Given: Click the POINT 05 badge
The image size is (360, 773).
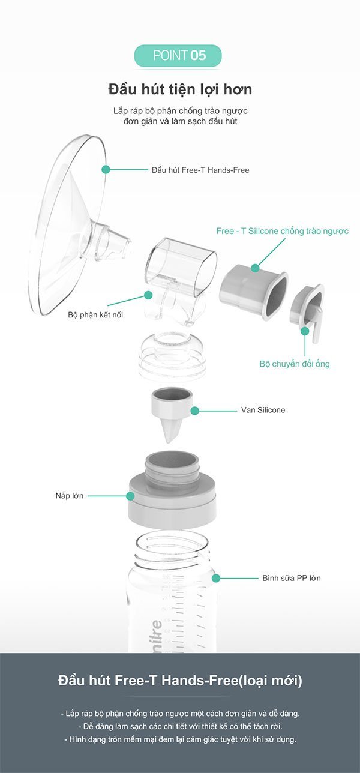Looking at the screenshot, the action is pyautogui.click(x=178, y=55).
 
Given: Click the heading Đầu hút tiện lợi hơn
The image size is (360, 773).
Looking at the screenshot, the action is pyautogui.click(x=180, y=89).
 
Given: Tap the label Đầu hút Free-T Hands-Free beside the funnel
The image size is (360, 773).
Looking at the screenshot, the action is pyautogui.click(x=200, y=170).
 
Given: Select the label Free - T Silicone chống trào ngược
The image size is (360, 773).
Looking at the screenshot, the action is pyautogui.click(x=283, y=231).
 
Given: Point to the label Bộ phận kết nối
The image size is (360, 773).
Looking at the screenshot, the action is pyautogui.click(x=95, y=314).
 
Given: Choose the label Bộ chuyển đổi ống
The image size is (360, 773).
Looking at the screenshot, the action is pyautogui.click(x=295, y=364).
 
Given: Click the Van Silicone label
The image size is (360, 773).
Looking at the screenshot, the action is pyautogui.click(x=263, y=410).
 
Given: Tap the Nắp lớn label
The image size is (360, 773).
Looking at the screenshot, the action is pyautogui.click(x=70, y=496).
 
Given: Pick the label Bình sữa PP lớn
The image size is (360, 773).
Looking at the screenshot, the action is pyautogui.click(x=292, y=578).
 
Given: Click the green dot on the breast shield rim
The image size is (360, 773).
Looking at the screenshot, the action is pyautogui.click(x=106, y=169).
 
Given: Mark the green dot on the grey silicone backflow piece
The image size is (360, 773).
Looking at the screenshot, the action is pyautogui.click(x=255, y=268).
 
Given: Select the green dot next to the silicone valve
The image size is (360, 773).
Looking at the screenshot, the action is pyautogui.click(x=194, y=411).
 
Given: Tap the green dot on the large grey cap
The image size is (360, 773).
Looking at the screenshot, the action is pyautogui.click(x=130, y=496).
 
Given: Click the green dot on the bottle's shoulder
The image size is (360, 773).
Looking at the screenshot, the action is pyautogui.click(x=216, y=578).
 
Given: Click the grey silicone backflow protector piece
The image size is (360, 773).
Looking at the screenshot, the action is pyautogui.click(x=254, y=292).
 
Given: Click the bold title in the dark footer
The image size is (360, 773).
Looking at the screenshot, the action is pyautogui.click(x=180, y=681).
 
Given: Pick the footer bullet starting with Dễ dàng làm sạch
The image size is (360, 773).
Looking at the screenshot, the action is pyautogui.click(x=180, y=726).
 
